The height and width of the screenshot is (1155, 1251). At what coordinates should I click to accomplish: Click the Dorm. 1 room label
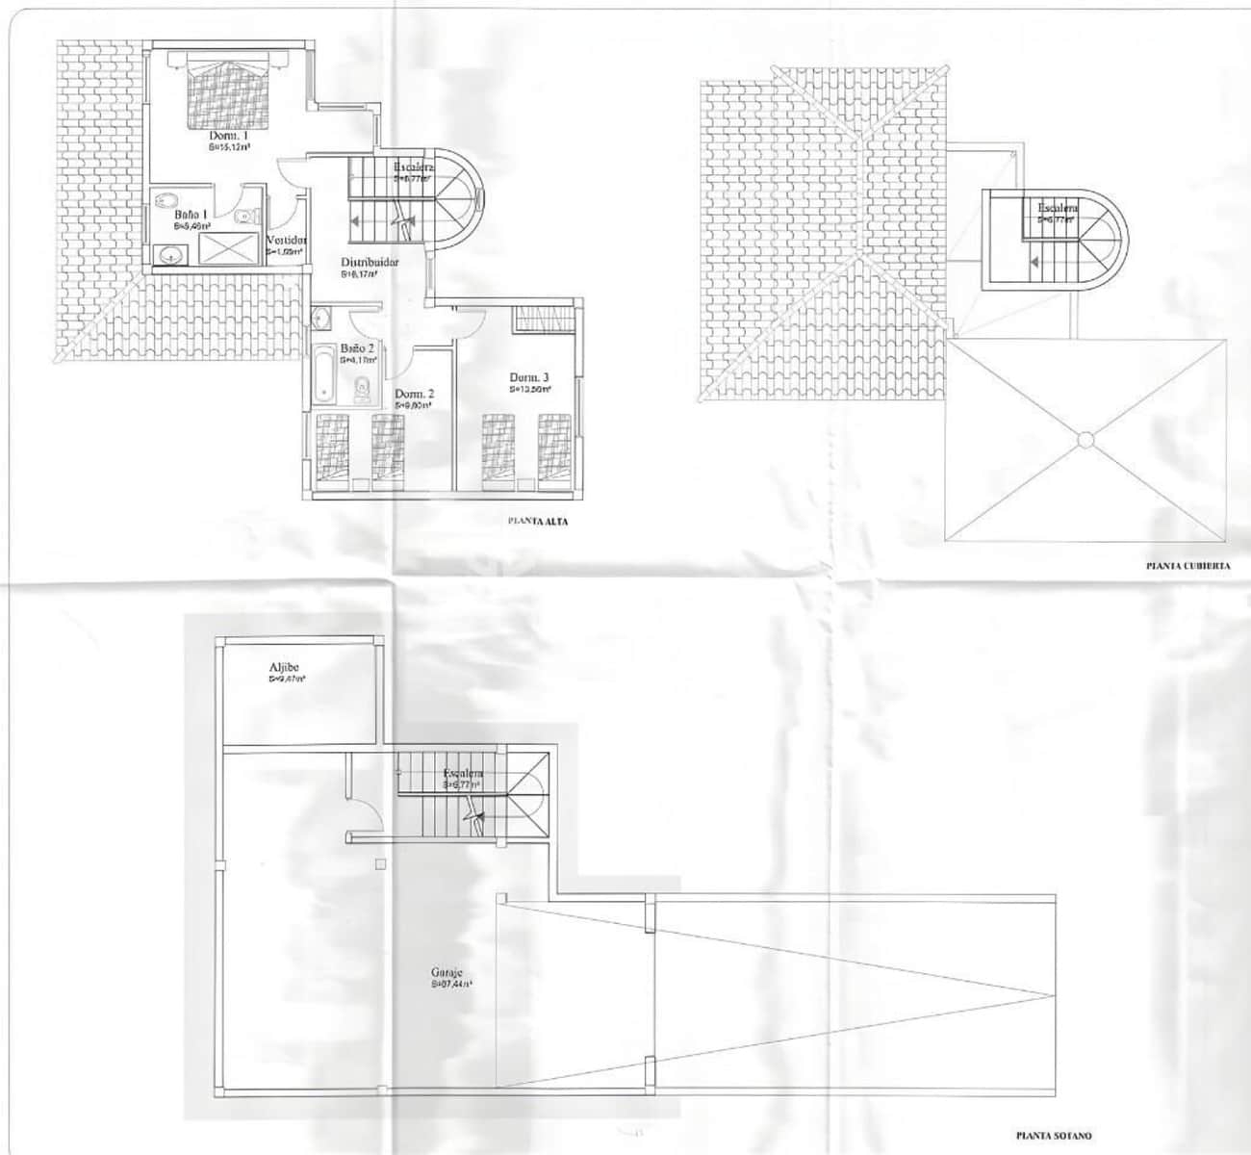point(230,138)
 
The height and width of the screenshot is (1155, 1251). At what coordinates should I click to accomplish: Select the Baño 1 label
point(187,215)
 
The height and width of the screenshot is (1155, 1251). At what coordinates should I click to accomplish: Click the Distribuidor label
point(370,262)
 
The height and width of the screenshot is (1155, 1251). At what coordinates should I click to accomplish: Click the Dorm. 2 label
point(414,394)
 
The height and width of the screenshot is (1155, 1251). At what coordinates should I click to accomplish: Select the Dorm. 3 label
point(529,377)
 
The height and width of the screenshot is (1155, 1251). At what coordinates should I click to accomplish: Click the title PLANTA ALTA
point(538,522)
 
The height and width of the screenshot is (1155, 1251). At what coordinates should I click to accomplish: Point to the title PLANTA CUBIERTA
point(1187,567)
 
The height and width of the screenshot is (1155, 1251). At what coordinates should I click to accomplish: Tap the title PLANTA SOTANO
point(1054,1136)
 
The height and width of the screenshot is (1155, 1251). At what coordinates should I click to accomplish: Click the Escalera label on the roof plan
point(1058,208)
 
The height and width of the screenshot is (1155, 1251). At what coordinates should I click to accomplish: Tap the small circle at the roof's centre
point(1085,440)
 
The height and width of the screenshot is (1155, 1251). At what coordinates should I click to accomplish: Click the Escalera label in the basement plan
point(464,774)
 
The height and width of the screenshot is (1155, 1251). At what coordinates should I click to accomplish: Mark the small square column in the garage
point(382,863)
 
